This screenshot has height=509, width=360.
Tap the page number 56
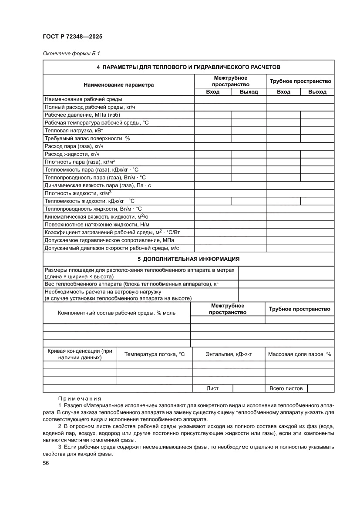[46, 463]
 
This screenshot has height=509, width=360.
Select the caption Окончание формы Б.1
[71, 54]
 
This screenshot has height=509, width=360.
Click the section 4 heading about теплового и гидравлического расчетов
[188, 67]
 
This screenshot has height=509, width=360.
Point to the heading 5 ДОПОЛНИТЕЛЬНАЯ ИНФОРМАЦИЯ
[188, 259]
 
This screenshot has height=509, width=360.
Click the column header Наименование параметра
[118, 85]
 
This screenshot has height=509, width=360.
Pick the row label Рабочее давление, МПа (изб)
[82, 115]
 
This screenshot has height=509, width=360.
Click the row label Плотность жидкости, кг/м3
[78, 193]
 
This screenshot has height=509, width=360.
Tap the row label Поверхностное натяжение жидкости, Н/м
[97, 224]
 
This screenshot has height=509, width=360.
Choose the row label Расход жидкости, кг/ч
[72, 154]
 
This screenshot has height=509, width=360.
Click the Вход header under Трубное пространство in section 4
[283, 92]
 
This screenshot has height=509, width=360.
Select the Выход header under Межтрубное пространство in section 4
[249, 92]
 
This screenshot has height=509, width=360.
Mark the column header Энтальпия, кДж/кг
[229, 354]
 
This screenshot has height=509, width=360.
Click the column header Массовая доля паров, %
[299, 354]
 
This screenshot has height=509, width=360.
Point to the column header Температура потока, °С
[155, 354]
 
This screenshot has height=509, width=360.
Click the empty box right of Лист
[249, 388]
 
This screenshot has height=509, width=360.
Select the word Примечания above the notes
[79, 398]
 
